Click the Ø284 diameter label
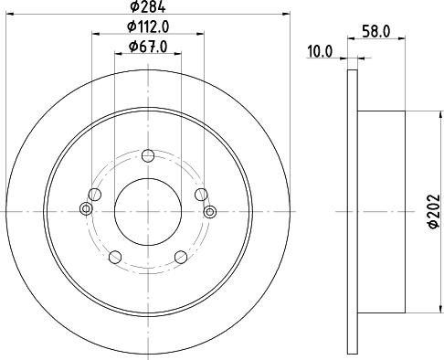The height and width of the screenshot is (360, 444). (148, 6)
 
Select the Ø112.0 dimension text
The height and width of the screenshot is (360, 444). (148, 27)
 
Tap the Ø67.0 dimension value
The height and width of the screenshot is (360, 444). (148, 47)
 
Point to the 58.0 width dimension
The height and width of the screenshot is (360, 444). (376, 32)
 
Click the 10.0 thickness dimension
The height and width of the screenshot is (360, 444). (320, 51)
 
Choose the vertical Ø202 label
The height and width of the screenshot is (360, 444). (434, 211)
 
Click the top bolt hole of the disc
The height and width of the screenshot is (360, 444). (148, 155)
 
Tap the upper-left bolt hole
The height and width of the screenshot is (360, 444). (95, 195)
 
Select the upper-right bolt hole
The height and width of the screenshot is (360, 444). (201, 195)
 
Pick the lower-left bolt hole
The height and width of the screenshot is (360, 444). (115, 257)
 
